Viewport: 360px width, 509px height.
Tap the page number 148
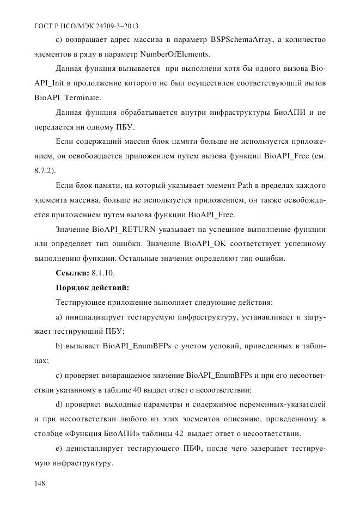pos(40,483)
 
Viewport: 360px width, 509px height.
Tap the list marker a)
pos(59,316)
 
